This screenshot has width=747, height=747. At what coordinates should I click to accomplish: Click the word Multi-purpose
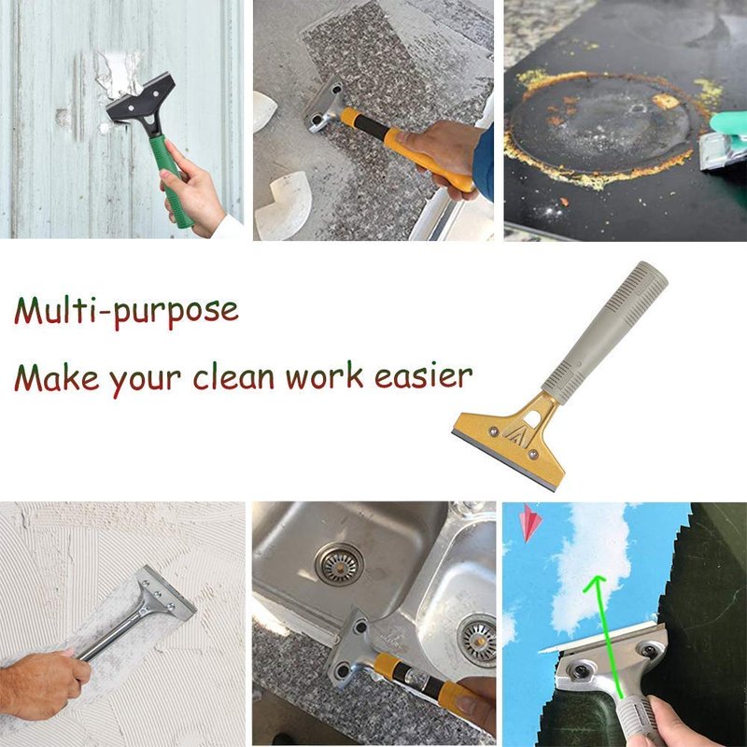coord(126,312)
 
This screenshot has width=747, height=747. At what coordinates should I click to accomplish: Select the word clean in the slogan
coord(233,376)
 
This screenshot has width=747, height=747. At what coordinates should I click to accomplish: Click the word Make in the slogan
coord(57,377)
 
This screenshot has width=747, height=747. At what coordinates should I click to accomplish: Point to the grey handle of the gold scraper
coord(605,332)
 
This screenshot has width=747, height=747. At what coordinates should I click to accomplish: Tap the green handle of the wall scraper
coord(170,180)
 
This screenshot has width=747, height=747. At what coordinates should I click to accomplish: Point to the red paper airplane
coord(530,523)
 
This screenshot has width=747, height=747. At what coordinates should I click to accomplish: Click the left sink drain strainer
coord(339,564)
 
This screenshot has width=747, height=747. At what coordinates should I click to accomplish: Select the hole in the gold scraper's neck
coord(532,418)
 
